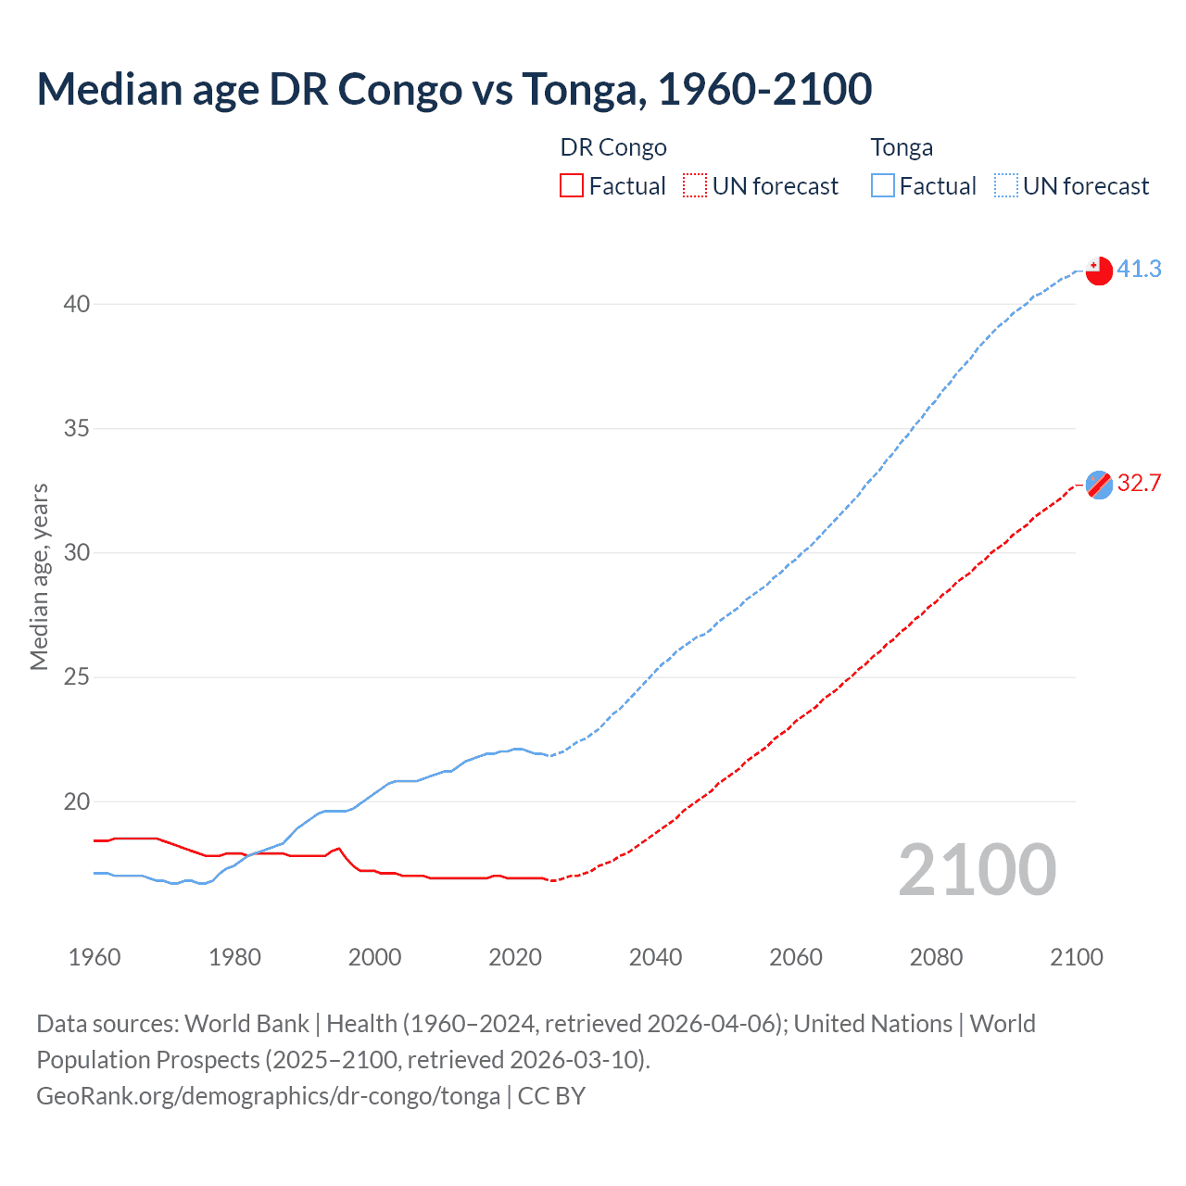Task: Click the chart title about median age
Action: coord(454,89)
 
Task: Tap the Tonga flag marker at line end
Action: coord(1099,271)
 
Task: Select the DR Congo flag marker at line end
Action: coord(1099,485)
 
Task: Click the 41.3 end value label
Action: coord(1139,269)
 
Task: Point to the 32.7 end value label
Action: coord(1139,483)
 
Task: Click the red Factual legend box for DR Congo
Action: coord(572,186)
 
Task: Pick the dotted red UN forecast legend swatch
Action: coord(695,186)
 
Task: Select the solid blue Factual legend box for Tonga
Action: coord(882,186)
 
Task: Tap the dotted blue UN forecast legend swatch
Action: coord(1005,186)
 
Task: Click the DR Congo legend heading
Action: coord(613,147)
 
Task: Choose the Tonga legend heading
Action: coord(902,147)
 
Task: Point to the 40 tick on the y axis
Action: coord(77,304)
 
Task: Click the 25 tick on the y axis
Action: coord(77,677)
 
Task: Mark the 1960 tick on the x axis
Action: coord(95,957)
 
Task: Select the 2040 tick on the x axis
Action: coord(655,957)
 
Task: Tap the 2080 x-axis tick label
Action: coord(936,957)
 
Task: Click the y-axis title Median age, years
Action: coord(39,576)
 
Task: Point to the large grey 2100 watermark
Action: coord(978,870)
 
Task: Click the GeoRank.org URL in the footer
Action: coord(268,1096)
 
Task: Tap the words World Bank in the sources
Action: coord(246,1024)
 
